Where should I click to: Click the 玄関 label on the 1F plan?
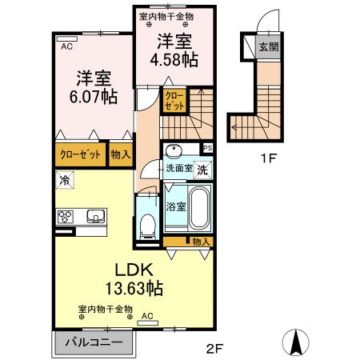click(x=267, y=47)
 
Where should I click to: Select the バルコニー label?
click(x=94, y=342)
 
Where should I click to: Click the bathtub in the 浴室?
click(x=199, y=206)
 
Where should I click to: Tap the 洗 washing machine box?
click(x=204, y=169)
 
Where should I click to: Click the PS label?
click(x=207, y=148)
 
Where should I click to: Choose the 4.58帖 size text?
click(x=175, y=58)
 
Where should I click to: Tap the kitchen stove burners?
click(x=66, y=216)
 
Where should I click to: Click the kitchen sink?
click(x=96, y=215)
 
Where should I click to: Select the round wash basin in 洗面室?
click(x=173, y=151)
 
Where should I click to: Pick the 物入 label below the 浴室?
click(x=201, y=241)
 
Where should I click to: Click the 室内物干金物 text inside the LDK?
click(x=106, y=309)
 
